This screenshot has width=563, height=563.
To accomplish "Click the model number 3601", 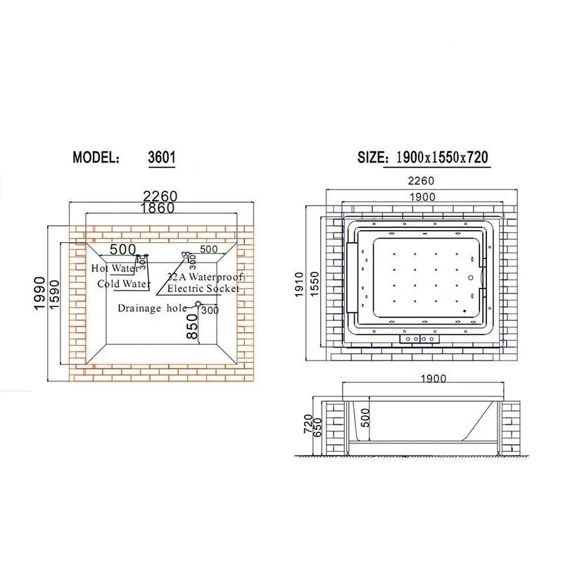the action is [x=162, y=157].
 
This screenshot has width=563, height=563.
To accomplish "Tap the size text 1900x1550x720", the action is [x=442, y=158].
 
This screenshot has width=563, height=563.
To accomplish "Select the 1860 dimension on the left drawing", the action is [x=158, y=208].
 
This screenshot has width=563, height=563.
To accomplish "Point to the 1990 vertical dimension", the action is [x=39, y=293].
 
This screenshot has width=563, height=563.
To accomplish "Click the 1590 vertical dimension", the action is [x=54, y=295].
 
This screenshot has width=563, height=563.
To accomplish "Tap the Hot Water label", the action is [x=115, y=268].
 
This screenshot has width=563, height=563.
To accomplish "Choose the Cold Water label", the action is [x=124, y=284].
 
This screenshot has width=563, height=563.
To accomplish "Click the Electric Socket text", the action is [x=203, y=289].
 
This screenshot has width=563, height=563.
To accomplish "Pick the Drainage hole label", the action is [x=152, y=308].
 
